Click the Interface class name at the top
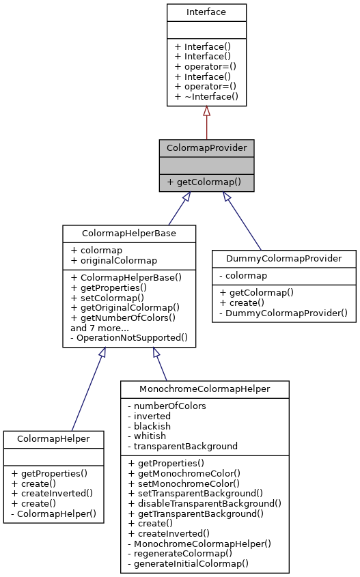[x=206, y=12]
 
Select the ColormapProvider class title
[x=206, y=147]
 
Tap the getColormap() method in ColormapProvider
[x=206, y=182]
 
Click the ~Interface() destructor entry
[x=206, y=97]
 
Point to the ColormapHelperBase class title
[x=129, y=233]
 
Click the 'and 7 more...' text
[x=101, y=328]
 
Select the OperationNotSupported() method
[x=128, y=338]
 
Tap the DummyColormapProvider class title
[x=284, y=258]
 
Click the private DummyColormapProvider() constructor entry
[x=284, y=313]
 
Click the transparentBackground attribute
[x=183, y=446]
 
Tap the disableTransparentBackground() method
[x=205, y=503]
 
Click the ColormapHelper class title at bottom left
[x=54, y=438]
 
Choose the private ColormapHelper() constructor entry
[x=54, y=513]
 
